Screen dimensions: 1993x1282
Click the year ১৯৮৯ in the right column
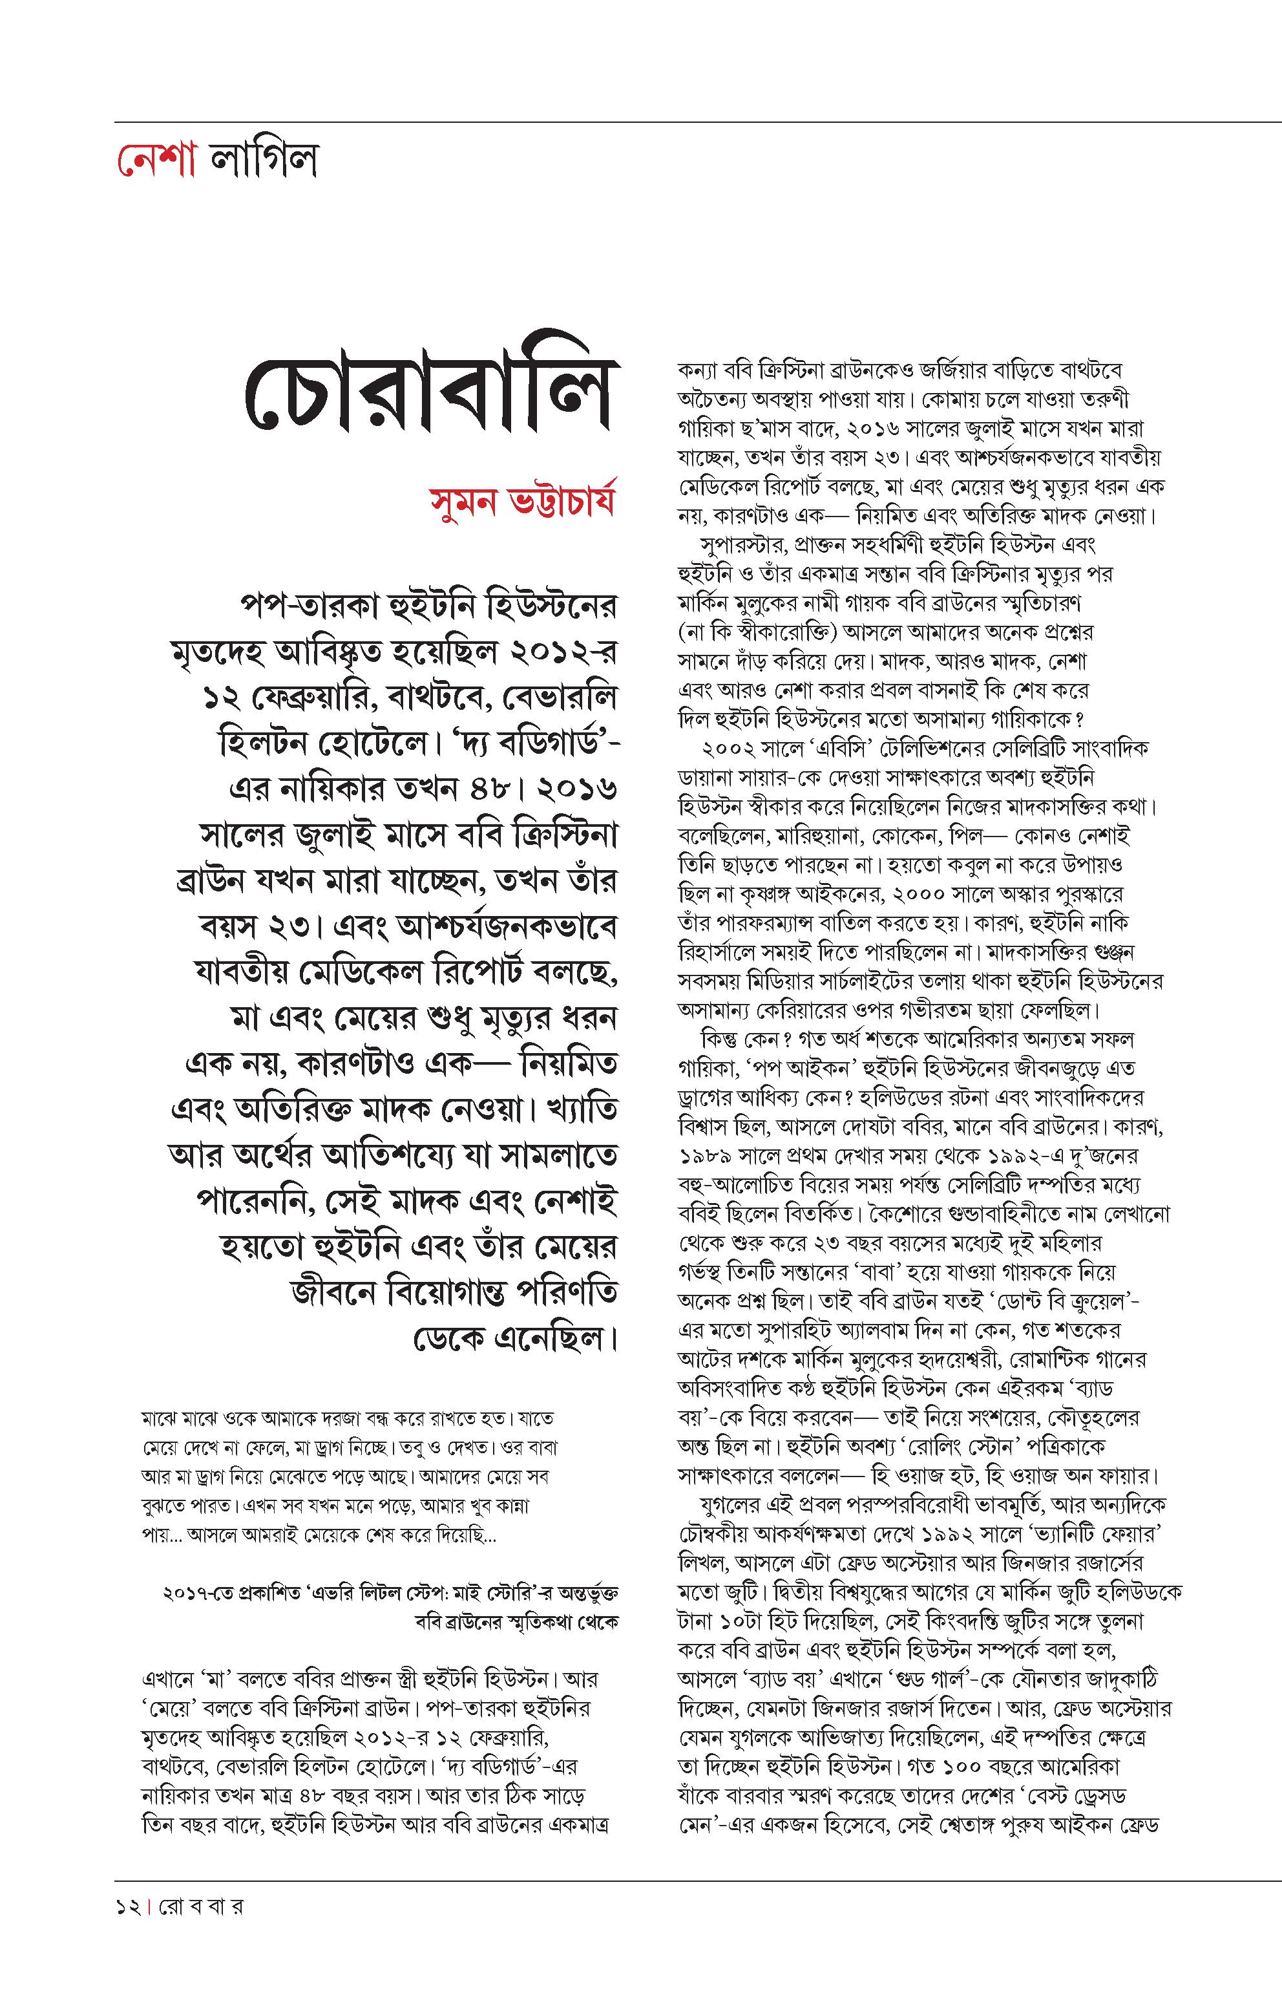708,1156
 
